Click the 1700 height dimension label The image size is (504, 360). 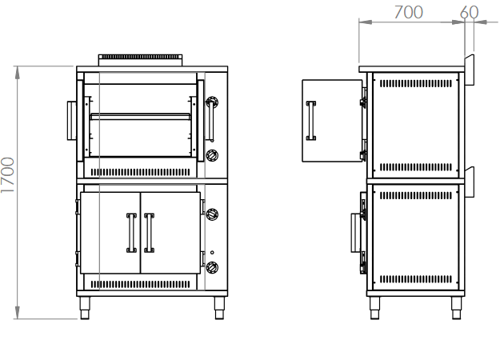click(7, 175)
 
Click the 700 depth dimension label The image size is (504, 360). click(409, 13)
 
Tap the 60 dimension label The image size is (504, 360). click(470, 13)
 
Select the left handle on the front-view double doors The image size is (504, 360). click(131, 233)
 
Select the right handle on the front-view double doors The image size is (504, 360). click(149, 233)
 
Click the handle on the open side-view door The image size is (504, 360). click(311, 121)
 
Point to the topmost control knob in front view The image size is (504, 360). click(212, 102)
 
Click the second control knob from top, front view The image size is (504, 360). click(212, 155)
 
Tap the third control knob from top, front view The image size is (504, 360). click(212, 214)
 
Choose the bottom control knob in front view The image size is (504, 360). click(212, 267)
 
